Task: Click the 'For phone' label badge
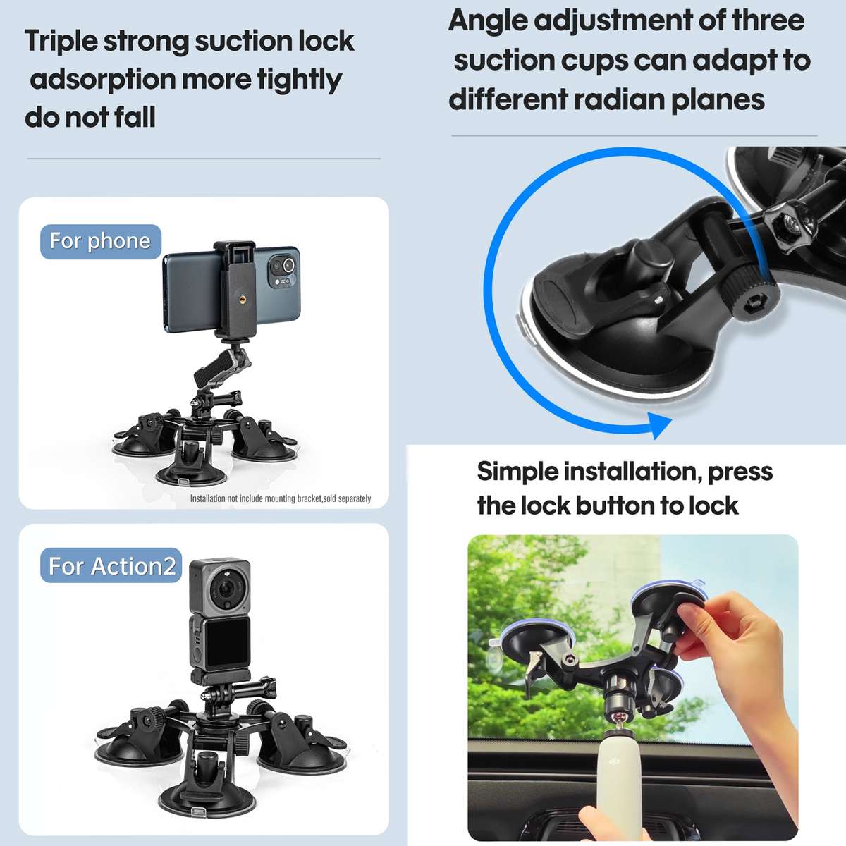[x=100, y=242]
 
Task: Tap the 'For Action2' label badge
[x=111, y=566]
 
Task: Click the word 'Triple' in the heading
[x=61, y=42]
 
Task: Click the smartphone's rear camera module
[x=282, y=271]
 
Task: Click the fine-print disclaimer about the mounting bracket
[x=280, y=498]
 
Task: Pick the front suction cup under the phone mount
[x=191, y=465]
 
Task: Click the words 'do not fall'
[x=90, y=117]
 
